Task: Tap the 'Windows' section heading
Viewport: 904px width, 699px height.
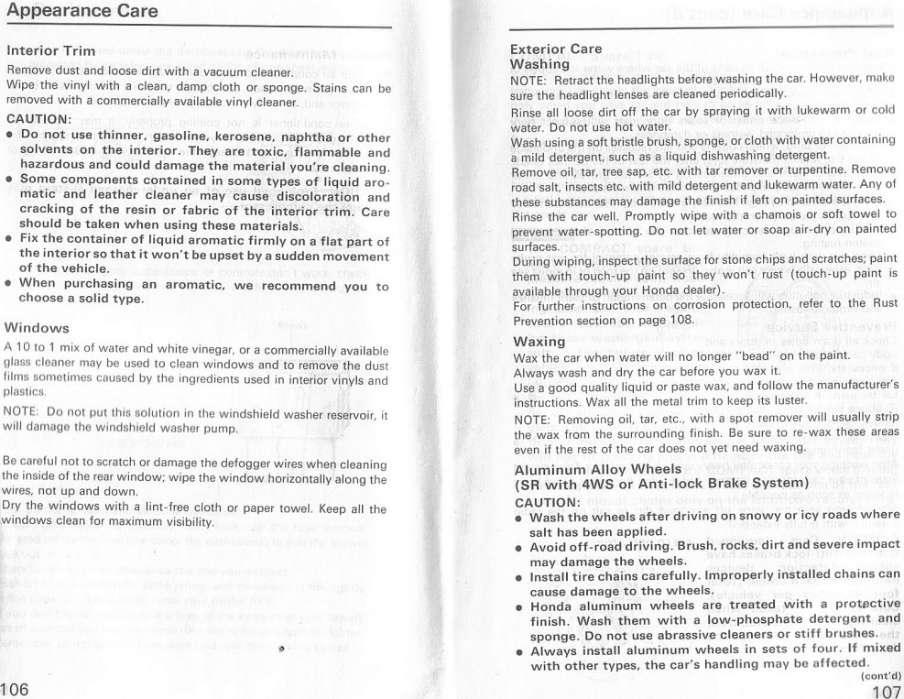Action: tap(37, 327)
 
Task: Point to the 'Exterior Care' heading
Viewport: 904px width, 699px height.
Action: tap(555, 49)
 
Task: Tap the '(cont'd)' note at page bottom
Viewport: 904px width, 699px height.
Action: tap(880, 676)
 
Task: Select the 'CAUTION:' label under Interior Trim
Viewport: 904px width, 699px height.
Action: tap(38, 119)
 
